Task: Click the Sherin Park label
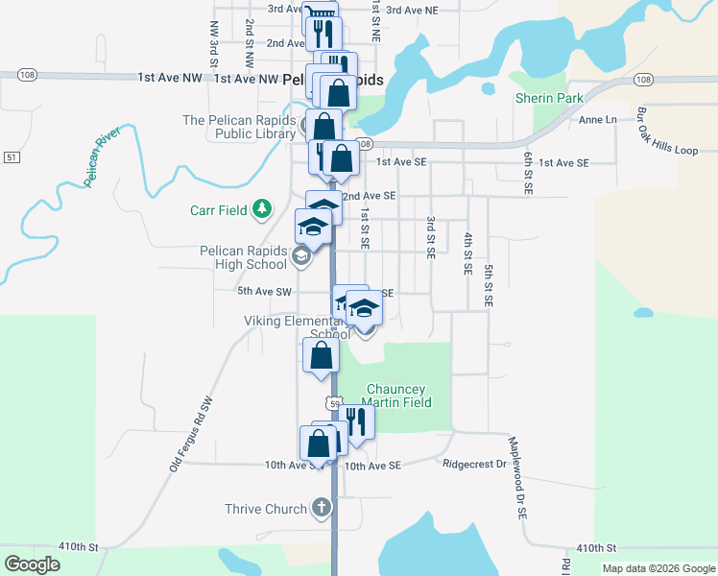[548, 98]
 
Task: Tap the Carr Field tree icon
[261, 209]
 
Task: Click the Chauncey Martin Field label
[397, 396]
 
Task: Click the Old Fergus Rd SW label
[190, 433]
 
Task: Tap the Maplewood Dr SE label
[519, 478]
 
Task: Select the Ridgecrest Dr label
[474, 464]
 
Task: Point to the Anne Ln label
[597, 120]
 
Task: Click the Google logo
[32, 564]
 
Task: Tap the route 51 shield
[11, 156]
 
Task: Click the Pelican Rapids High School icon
[300, 254]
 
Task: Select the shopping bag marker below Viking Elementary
[321, 355]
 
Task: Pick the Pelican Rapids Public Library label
[240, 127]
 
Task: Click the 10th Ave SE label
[371, 465]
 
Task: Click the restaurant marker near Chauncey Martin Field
[356, 420]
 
